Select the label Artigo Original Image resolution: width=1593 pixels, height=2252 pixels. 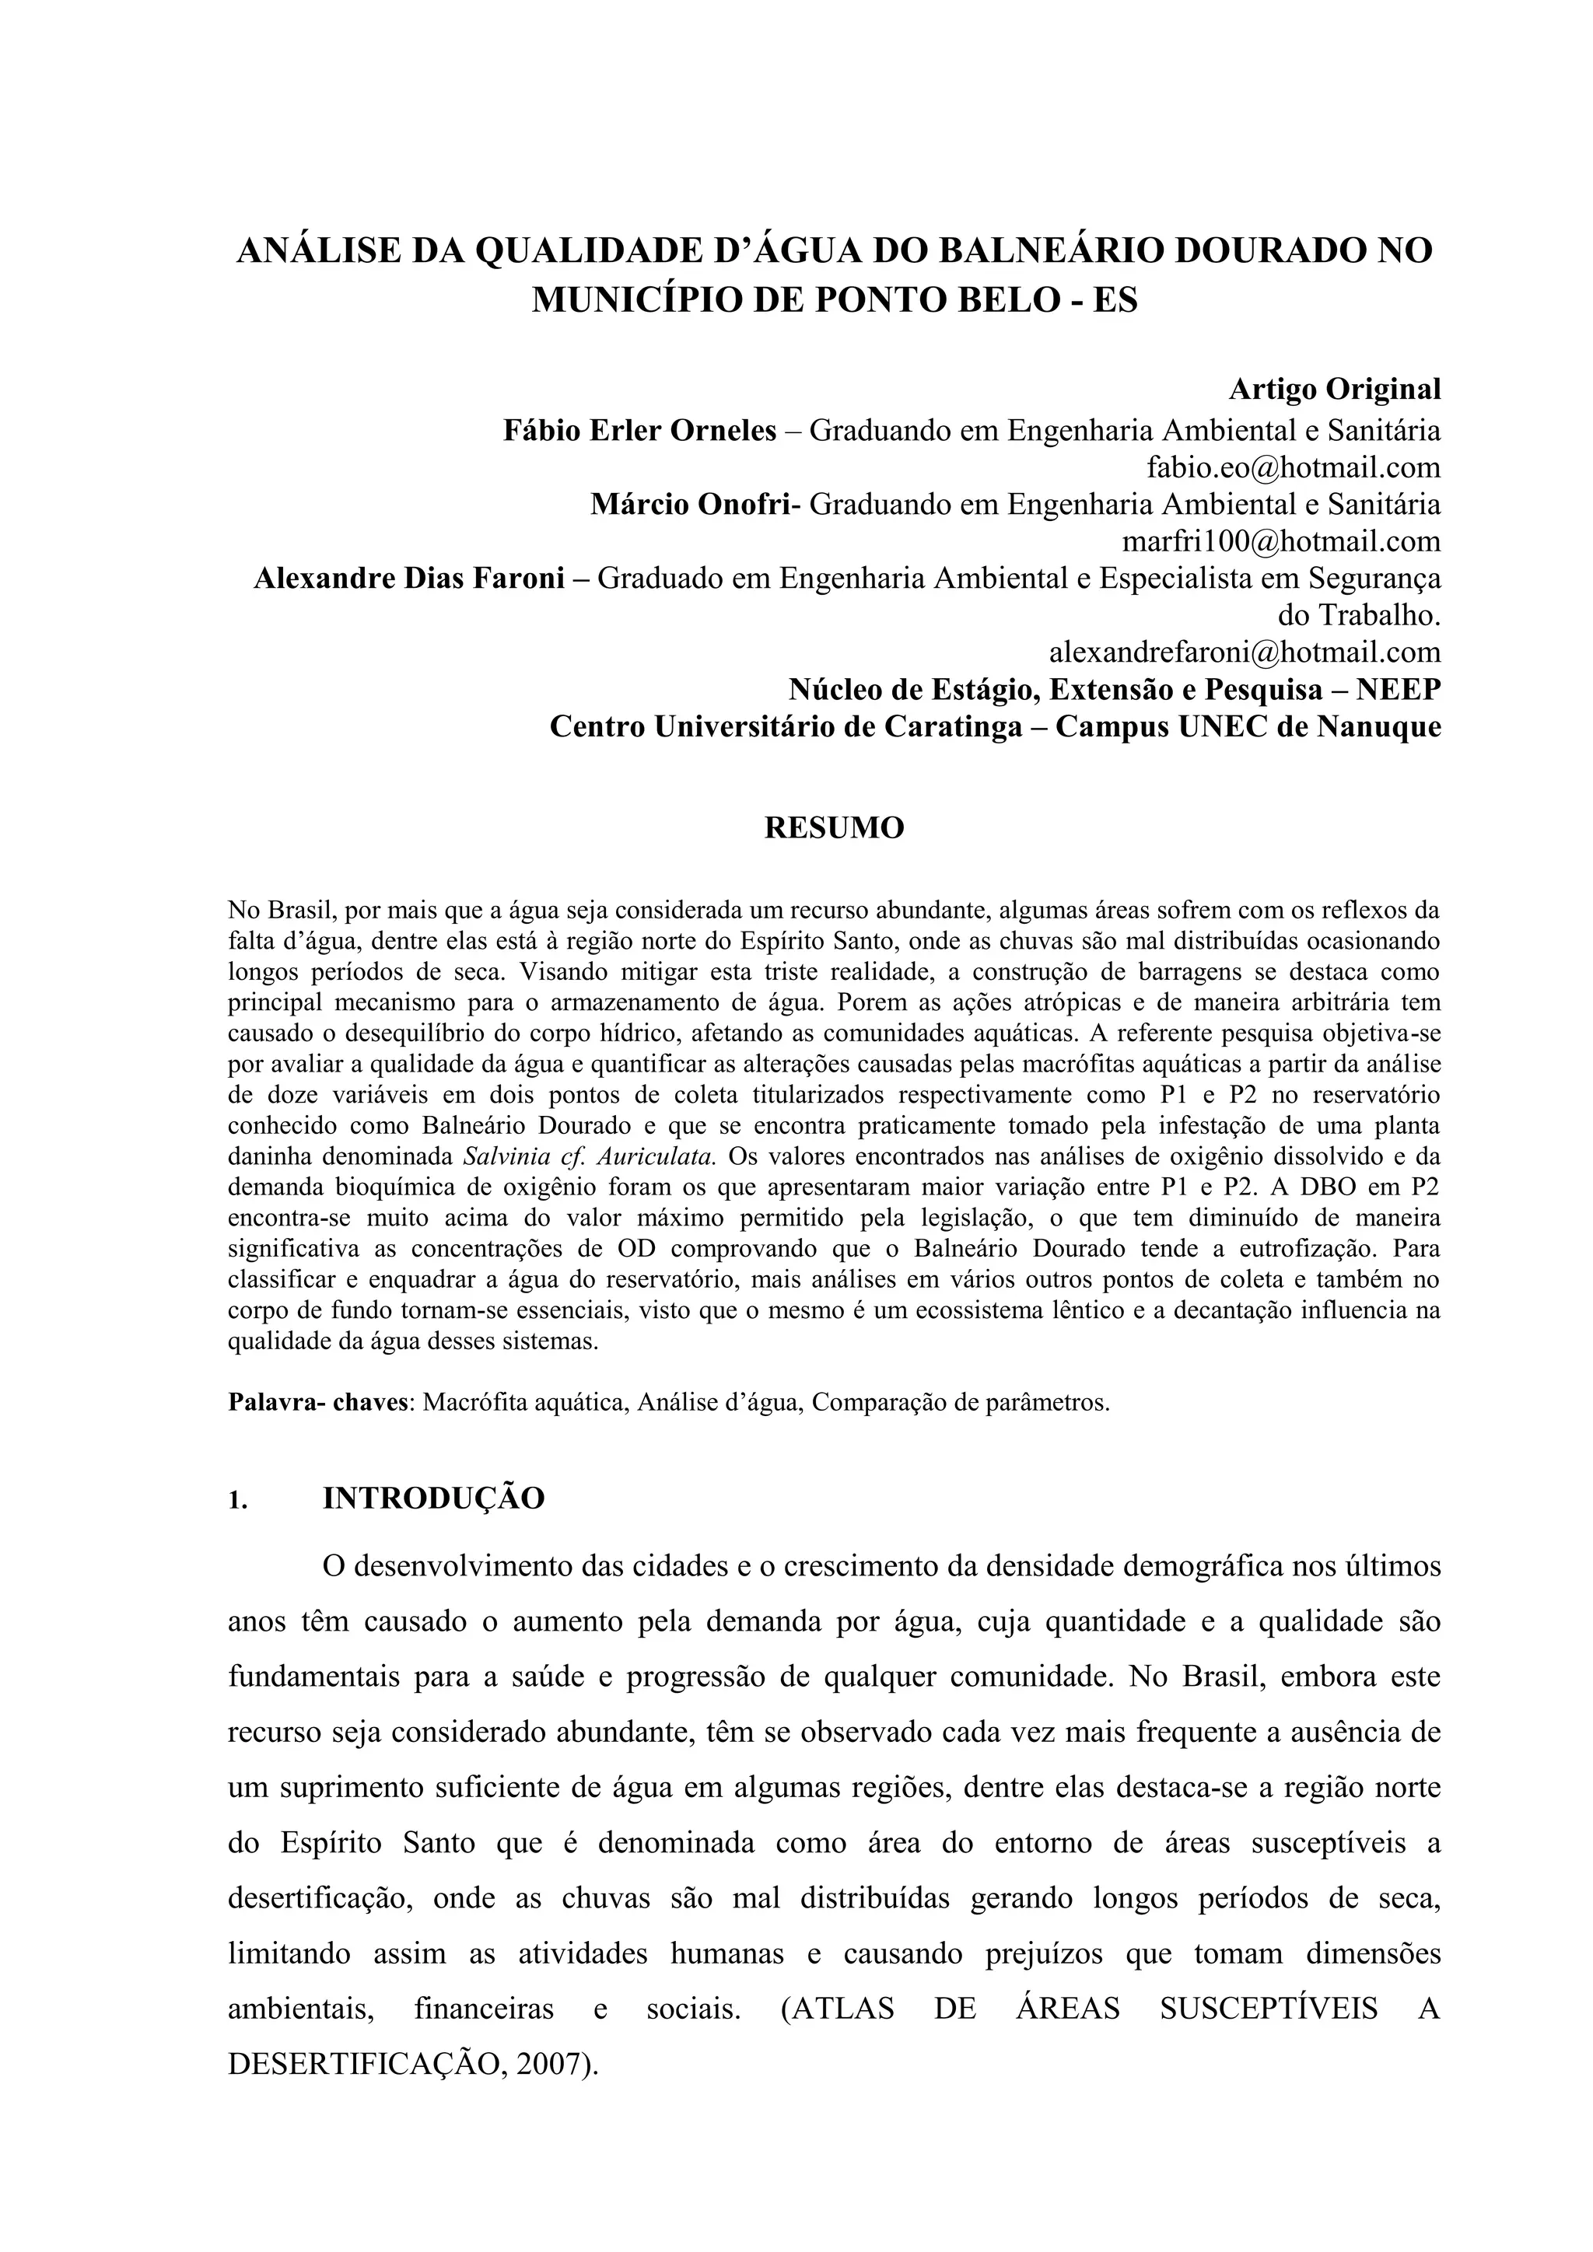[x=1334, y=390]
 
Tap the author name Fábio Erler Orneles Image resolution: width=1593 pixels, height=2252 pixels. [x=639, y=431]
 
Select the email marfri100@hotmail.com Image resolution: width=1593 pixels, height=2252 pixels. [x=1281, y=541]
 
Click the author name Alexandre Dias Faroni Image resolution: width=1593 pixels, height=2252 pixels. [x=409, y=579]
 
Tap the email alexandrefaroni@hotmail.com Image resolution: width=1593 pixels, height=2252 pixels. [x=1245, y=652]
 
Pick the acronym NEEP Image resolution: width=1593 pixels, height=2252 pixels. [x=1399, y=690]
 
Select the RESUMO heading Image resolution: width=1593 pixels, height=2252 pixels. [x=834, y=828]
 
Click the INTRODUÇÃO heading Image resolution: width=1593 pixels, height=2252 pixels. [x=433, y=1500]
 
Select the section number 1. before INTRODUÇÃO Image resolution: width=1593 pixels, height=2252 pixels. [x=236, y=1502]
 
